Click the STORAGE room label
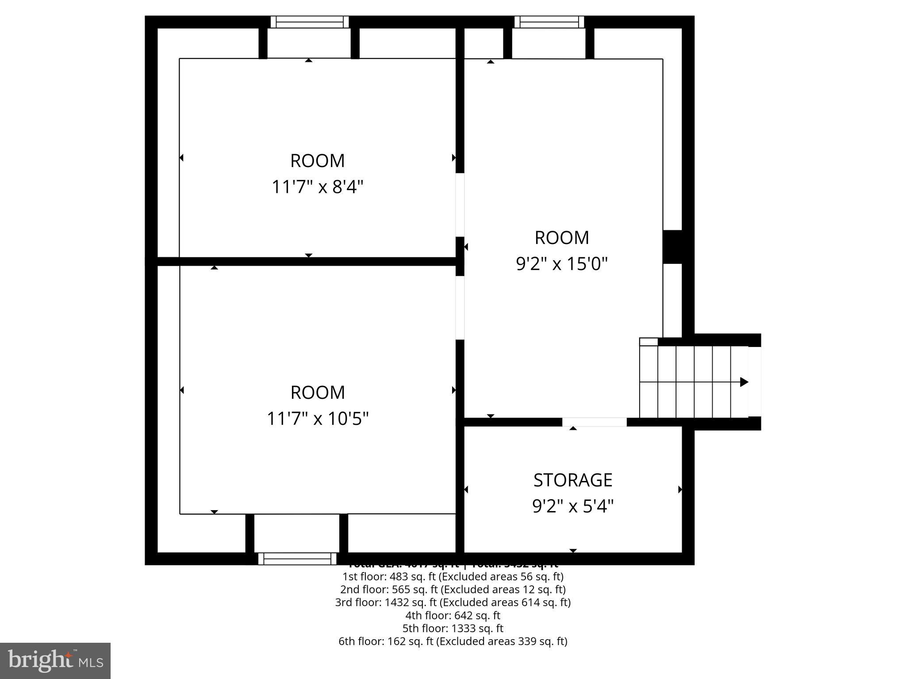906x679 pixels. tap(572, 480)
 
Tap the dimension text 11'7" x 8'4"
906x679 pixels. tap(317, 187)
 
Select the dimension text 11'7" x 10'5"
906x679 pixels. tap(317, 419)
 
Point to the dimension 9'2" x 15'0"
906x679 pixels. tap(562, 264)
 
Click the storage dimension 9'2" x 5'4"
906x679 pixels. tap(572, 506)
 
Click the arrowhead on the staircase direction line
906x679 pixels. tap(744, 382)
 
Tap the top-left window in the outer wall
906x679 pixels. tap(309, 22)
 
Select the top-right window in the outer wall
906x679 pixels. tap(549, 22)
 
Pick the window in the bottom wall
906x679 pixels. tap(297, 559)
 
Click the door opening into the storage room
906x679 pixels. tap(594, 422)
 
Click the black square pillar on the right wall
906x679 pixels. tap(672, 247)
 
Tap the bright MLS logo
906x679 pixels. tap(55, 660)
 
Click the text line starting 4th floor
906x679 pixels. tap(453, 615)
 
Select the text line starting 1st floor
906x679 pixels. tap(453, 576)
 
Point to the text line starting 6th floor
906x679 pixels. tap(453, 641)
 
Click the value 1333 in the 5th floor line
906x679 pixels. tap(461, 628)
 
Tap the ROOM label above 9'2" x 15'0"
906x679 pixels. tap(562, 238)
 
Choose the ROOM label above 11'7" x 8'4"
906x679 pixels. tap(317, 161)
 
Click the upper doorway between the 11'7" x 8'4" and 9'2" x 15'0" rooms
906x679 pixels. tap(460, 205)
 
